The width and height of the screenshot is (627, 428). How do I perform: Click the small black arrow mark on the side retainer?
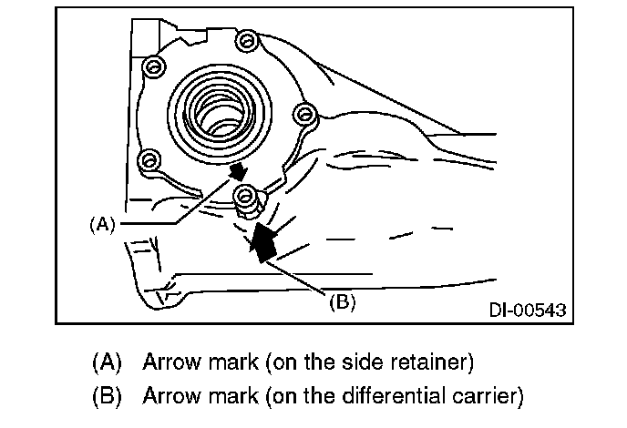pos(238,170)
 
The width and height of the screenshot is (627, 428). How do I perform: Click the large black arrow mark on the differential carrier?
pos(264,243)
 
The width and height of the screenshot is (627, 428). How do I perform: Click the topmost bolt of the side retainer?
pos(154,66)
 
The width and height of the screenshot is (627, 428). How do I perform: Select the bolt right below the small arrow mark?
pos(243,194)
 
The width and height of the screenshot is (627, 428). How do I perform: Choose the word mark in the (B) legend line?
pos(238,396)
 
